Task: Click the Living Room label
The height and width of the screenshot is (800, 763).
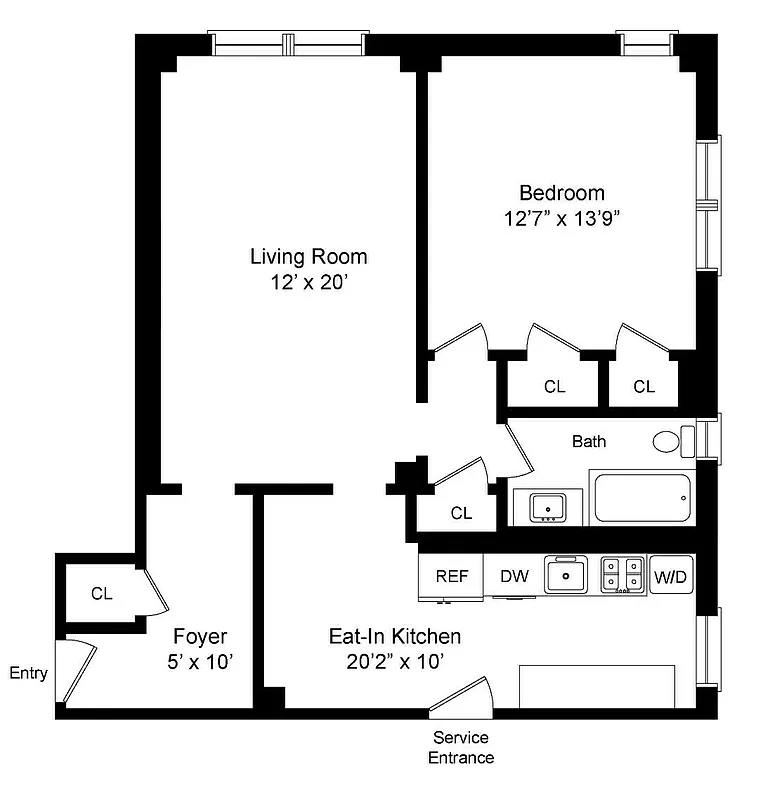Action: (x=308, y=257)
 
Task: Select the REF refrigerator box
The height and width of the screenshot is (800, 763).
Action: (x=451, y=576)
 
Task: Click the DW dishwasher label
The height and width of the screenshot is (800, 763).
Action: (x=514, y=576)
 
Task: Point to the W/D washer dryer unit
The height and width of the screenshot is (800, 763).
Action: (x=672, y=577)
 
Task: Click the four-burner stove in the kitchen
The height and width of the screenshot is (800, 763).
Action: (x=622, y=575)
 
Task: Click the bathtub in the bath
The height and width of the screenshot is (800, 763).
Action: (x=642, y=497)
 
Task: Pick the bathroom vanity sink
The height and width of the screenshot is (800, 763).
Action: (x=547, y=506)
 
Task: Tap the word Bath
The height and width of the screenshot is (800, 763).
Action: (x=588, y=440)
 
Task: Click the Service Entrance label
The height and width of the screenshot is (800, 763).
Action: (x=461, y=747)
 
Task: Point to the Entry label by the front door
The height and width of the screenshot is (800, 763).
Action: (x=28, y=673)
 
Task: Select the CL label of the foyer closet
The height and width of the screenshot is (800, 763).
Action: (x=101, y=593)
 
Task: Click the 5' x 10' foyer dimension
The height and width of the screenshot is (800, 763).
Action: (x=200, y=661)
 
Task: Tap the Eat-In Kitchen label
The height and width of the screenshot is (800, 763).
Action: (x=395, y=636)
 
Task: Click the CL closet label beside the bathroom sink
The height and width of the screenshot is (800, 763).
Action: (x=460, y=513)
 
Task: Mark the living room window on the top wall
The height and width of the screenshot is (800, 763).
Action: (x=287, y=43)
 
